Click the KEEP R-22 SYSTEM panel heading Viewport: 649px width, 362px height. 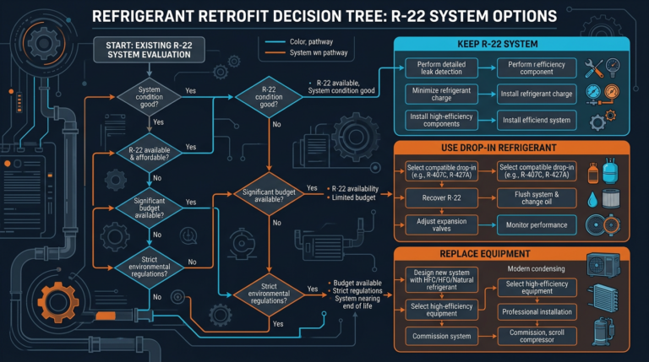512,44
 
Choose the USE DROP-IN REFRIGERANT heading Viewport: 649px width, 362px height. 512,149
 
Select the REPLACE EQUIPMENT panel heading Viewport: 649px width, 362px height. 512,253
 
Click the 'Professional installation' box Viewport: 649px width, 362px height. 537,311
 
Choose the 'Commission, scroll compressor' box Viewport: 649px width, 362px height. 537,335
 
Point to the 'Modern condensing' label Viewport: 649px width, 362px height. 541,267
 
